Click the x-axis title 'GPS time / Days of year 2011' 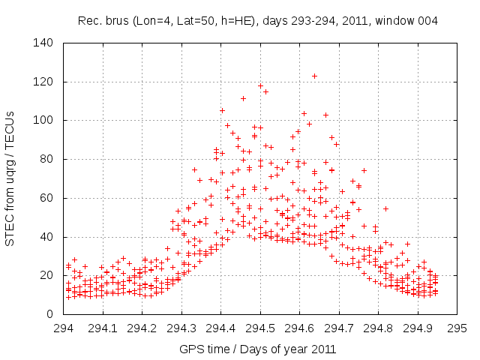pos(259,349)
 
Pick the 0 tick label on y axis pos(51,314)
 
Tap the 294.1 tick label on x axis pos(103,328)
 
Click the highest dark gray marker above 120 pos(315,76)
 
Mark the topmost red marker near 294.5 pos(260,85)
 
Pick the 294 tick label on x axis pos(64,328)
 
